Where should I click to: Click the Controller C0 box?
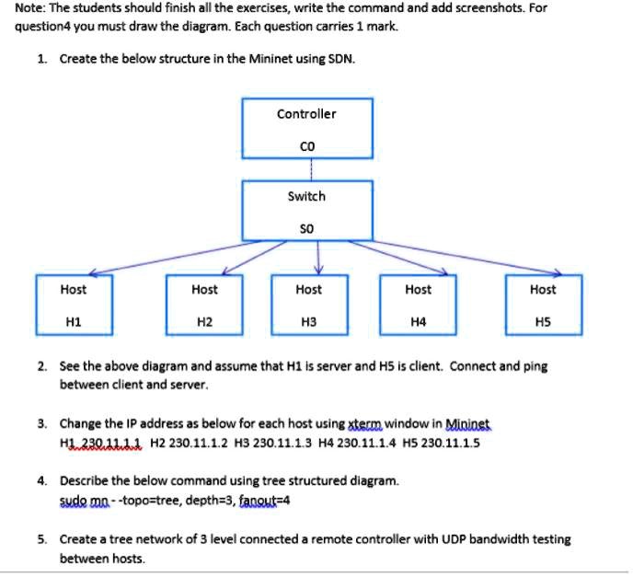pos(306,128)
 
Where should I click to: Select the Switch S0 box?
pos(306,210)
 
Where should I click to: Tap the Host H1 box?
pos(74,305)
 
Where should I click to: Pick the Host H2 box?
pos(204,305)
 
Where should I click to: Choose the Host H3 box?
pos(308,305)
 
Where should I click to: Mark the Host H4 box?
pos(418,305)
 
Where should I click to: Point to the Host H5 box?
pos(543,305)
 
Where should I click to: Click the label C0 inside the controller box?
pos(307,145)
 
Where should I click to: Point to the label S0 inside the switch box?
pos(306,226)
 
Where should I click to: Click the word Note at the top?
pos(29,9)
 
